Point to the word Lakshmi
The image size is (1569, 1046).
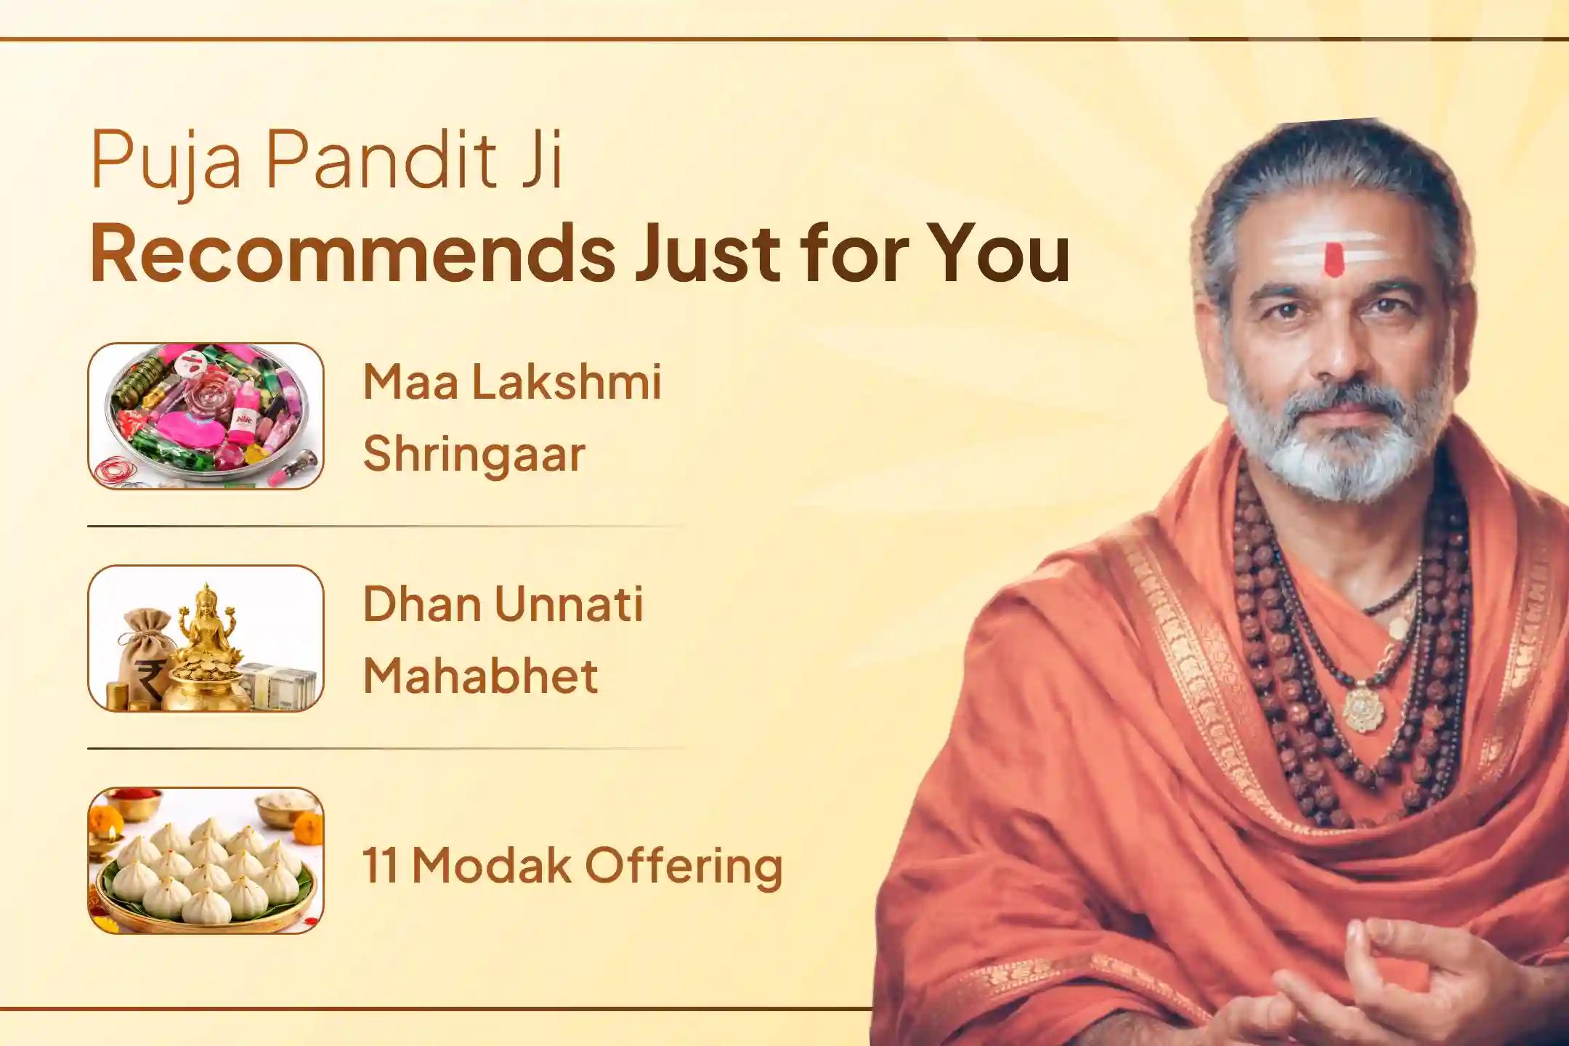tap(567, 381)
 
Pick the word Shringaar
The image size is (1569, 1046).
tap(474, 455)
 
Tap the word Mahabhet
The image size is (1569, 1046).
tap(480, 676)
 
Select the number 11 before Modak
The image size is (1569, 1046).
tap(380, 866)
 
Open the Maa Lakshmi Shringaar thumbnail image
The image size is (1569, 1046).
tap(206, 415)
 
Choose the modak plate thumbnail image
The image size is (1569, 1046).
tap(206, 860)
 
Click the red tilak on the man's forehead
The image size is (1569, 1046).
tap(1332, 260)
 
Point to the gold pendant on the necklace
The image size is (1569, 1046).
tap(1363, 708)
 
